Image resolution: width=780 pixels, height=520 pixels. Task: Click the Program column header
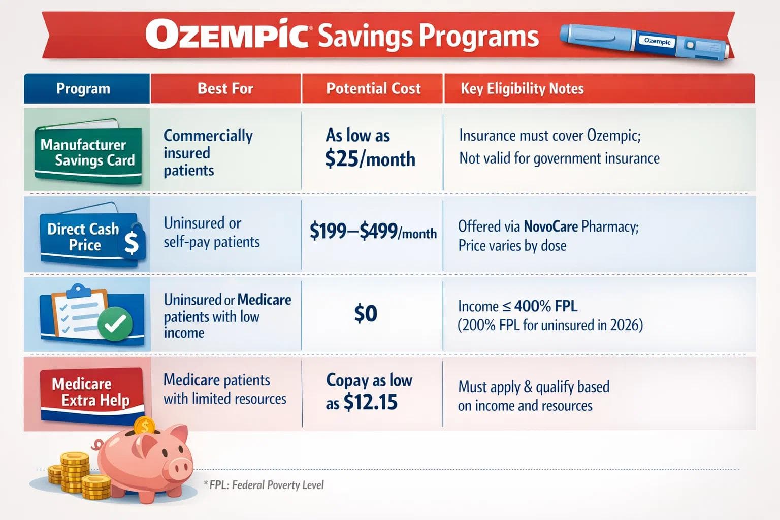pos(83,89)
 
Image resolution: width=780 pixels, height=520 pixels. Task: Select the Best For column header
pos(225,89)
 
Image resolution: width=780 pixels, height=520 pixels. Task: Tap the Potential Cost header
pos(373,89)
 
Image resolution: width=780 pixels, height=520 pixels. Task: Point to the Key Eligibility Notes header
pos(522,89)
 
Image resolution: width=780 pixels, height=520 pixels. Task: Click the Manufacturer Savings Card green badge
pos(87,152)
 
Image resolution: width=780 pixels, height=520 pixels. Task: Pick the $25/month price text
pos(370,159)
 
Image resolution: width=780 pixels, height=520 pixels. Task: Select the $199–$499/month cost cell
pos(373,232)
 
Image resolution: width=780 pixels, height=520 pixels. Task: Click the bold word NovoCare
pos(550,226)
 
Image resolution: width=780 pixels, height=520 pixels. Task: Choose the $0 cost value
pos(366,314)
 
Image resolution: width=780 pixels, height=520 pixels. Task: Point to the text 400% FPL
pos(546,306)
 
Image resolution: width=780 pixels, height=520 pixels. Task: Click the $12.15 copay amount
pos(371,403)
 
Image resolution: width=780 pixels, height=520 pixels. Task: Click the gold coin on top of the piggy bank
pos(145,426)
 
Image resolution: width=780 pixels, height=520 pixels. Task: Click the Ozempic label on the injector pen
pos(657,41)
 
